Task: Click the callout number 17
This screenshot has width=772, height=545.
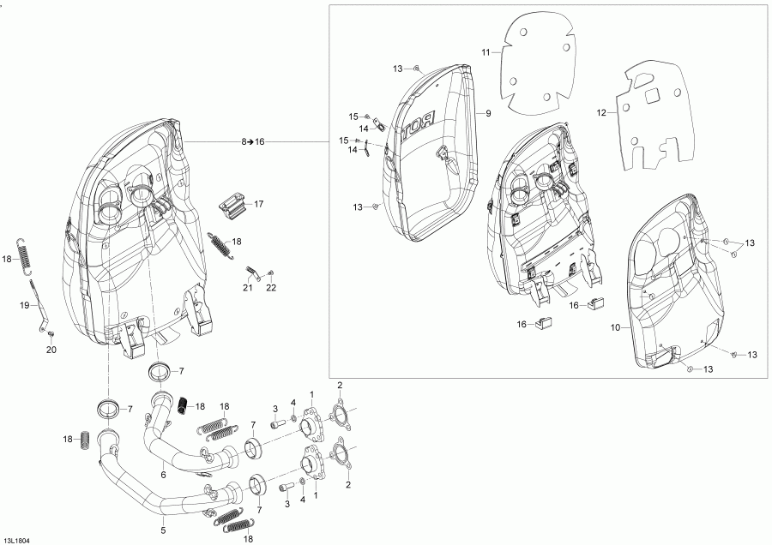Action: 258,204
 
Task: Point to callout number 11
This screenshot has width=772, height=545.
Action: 486,52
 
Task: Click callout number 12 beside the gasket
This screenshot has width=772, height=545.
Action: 601,113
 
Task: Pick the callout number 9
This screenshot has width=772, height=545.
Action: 488,114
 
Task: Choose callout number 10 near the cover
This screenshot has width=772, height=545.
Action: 615,327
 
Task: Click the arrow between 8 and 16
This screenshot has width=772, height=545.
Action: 250,141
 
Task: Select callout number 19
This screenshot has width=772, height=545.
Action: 25,305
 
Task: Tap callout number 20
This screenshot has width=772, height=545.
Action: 51,350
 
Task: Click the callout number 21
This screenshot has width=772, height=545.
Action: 248,288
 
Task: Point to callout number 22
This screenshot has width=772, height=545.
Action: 271,288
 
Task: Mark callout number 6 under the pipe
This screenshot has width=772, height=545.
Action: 164,475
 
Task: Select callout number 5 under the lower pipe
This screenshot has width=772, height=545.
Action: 164,530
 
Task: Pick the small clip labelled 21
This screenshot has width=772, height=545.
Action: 251,271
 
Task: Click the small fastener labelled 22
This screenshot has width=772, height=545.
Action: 270,272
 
